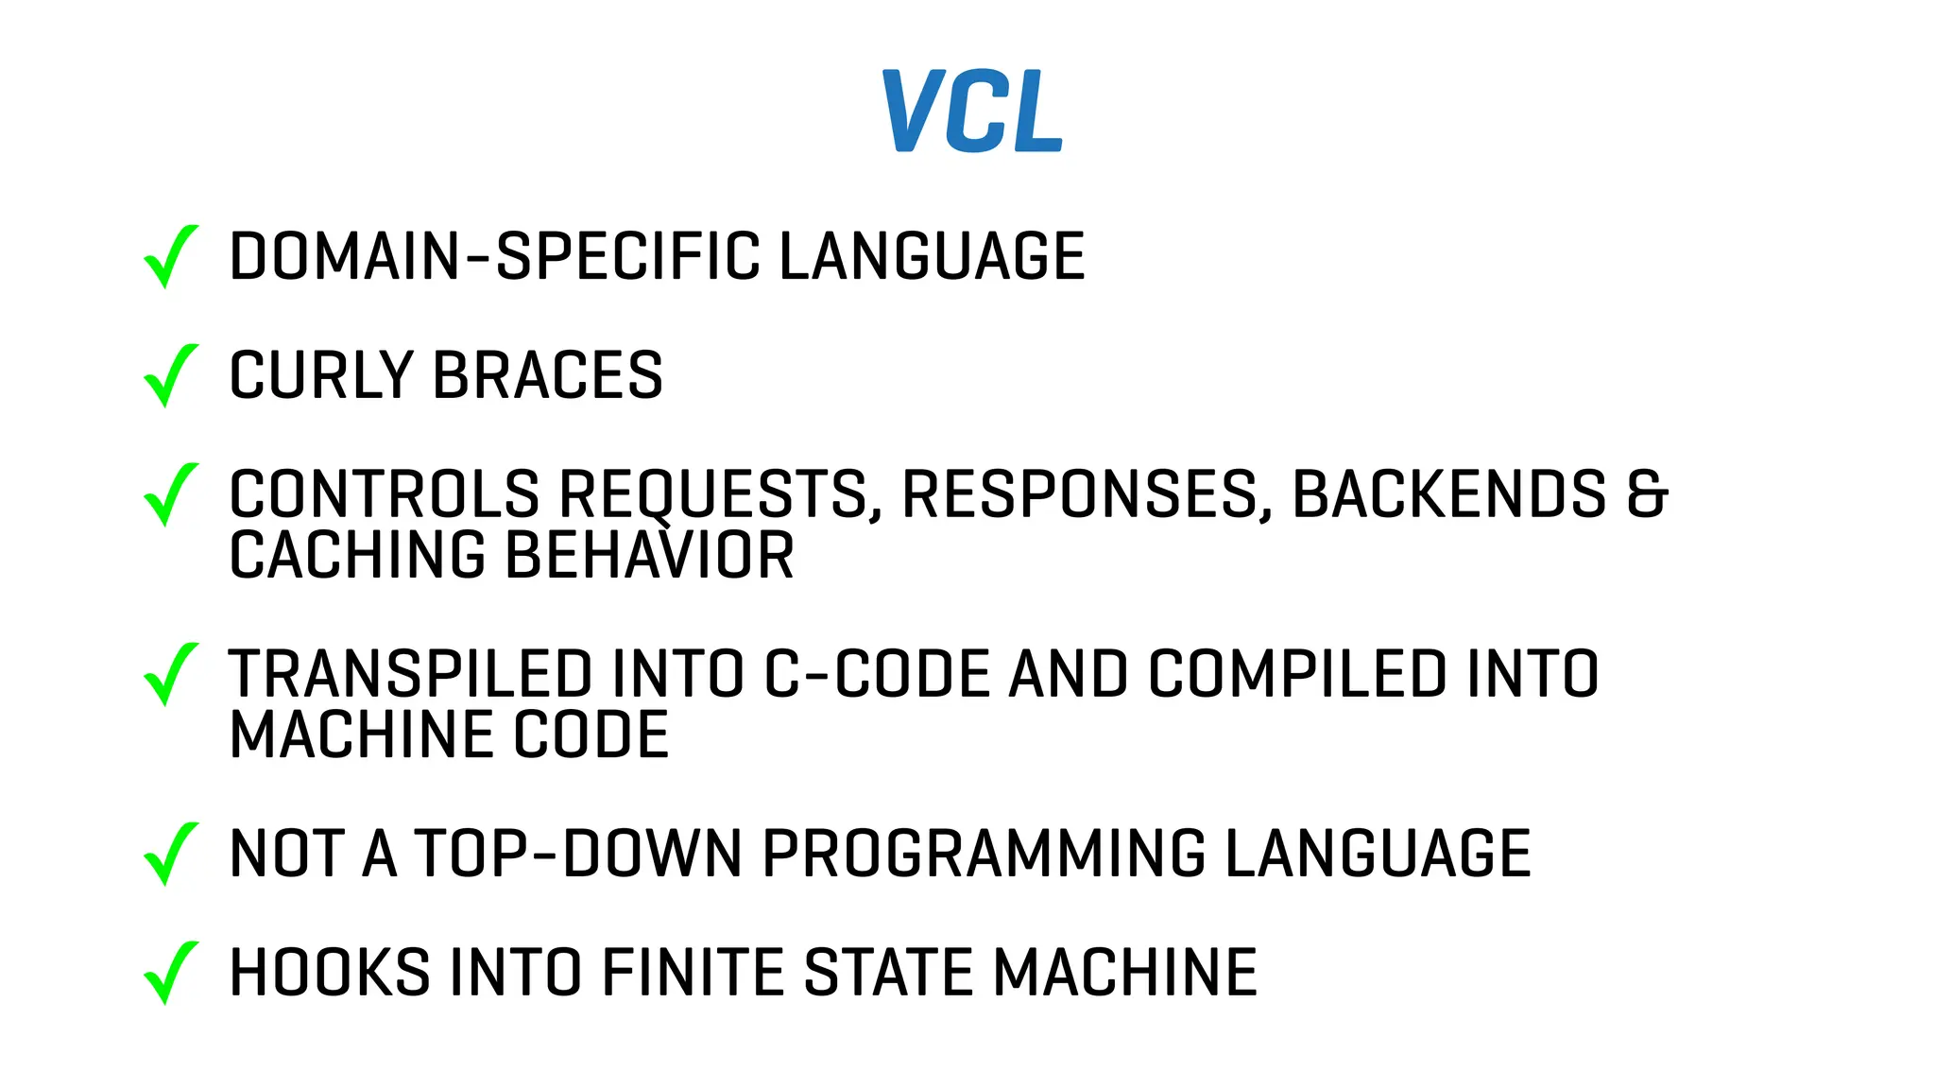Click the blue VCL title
coord(972,111)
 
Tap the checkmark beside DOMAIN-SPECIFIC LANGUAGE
coord(170,256)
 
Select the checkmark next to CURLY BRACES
coord(170,375)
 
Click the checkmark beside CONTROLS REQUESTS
coord(170,494)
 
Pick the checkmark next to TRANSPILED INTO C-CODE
coord(170,674)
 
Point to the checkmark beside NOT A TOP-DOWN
coord(170,854)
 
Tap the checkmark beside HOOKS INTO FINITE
coord(170,973)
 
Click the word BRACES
coord(548,375)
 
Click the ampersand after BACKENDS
coord(1647,494)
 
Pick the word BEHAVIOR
coord(650,555)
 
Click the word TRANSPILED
coord(411,674)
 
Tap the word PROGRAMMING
coord(984,854)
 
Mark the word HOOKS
coord(330,973)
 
